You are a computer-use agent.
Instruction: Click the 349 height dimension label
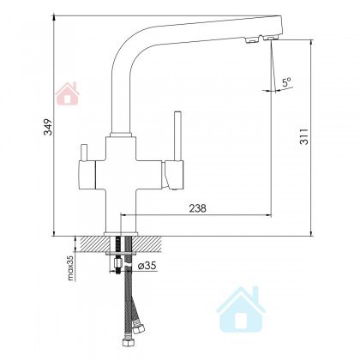pyautogui.click(x=49, y=127)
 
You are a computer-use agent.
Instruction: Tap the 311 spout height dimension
pyautogui.click(x=304, y=136)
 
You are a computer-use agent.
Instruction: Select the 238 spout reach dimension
pyautogui.click(x=197, y=208)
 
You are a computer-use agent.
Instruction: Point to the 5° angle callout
pyautogui.click(x=286, y=82)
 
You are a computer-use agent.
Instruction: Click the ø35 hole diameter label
pyautogui.click(x=147, y=266)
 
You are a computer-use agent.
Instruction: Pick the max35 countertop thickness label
pyautogui.click(x=70, y=267)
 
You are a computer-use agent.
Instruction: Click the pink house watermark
pyautogui.click(x=68, y=93)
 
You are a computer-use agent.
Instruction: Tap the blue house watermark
pyautogui.click(x=241, y=309)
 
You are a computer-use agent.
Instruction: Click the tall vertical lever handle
pyautogui.click(x=177, y=136)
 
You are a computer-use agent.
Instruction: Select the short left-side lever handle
pyautogui.click(x=85, y=153)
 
